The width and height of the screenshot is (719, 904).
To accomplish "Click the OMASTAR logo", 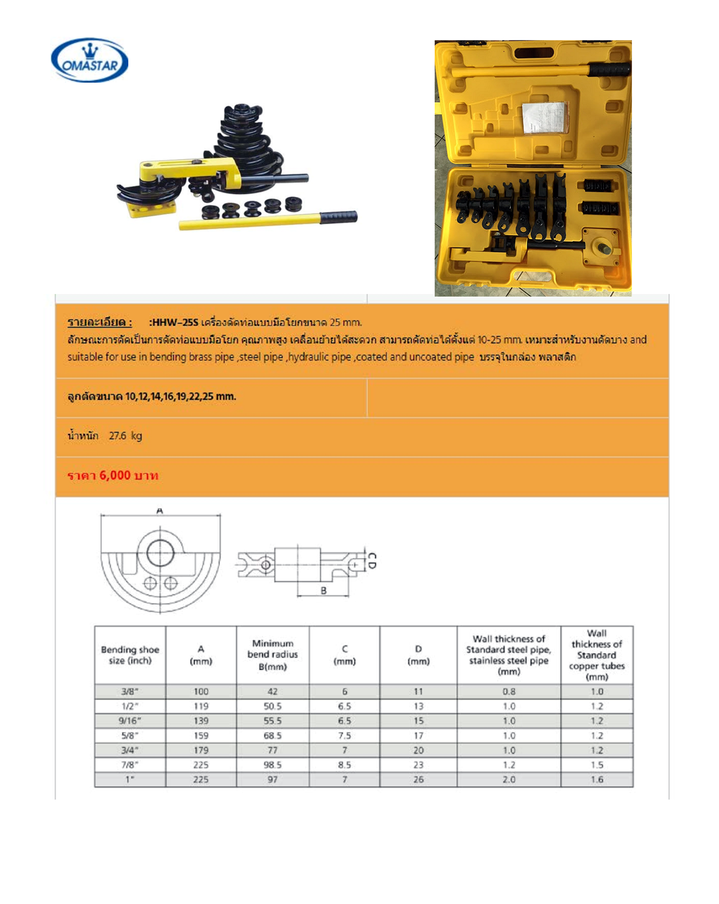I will click(x=89, y=61).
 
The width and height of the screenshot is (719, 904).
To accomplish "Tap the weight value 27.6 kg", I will click(x=125, y=436).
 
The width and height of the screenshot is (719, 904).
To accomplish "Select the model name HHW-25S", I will click(x=174, y=323).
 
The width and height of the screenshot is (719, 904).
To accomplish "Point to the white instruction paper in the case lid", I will click(x=545, y=117).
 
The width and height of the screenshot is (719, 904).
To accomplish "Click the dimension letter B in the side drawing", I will click(x=323, y=590).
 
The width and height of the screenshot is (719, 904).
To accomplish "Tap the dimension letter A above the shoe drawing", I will click(x=159, y=511).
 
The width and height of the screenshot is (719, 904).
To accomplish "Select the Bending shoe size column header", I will click(x=130, y=655).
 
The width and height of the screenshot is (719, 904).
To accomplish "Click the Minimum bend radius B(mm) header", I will click(x=272, y=655).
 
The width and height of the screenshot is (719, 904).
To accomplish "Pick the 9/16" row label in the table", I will click(x=130, y=721).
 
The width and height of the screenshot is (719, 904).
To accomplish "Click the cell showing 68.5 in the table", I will click(x=272, y=736).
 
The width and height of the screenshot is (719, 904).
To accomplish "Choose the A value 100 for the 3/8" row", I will click(x=201, y=692).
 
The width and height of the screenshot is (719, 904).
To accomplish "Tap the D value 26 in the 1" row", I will click(x=418, y=780).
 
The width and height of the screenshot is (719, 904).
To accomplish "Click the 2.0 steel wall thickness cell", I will click(x=509, y=780).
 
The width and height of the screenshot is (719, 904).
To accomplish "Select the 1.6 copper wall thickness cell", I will click(x=597, y=780).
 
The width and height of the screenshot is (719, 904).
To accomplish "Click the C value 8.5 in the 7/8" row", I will click(x=344, y=765).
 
